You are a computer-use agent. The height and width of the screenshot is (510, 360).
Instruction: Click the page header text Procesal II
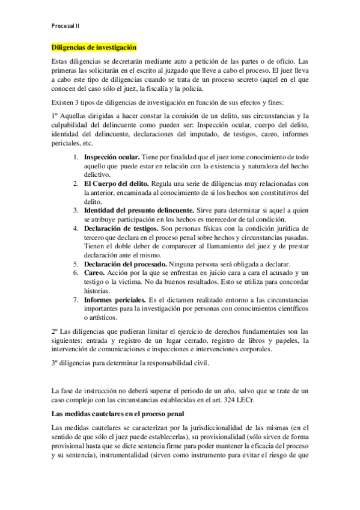pos(66,27)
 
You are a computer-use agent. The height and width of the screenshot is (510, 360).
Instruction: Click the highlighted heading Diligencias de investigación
pos(94,47)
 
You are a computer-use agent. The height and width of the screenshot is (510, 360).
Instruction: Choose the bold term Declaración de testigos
pos(121,229)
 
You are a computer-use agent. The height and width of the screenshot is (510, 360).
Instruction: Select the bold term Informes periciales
pos(115,300)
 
